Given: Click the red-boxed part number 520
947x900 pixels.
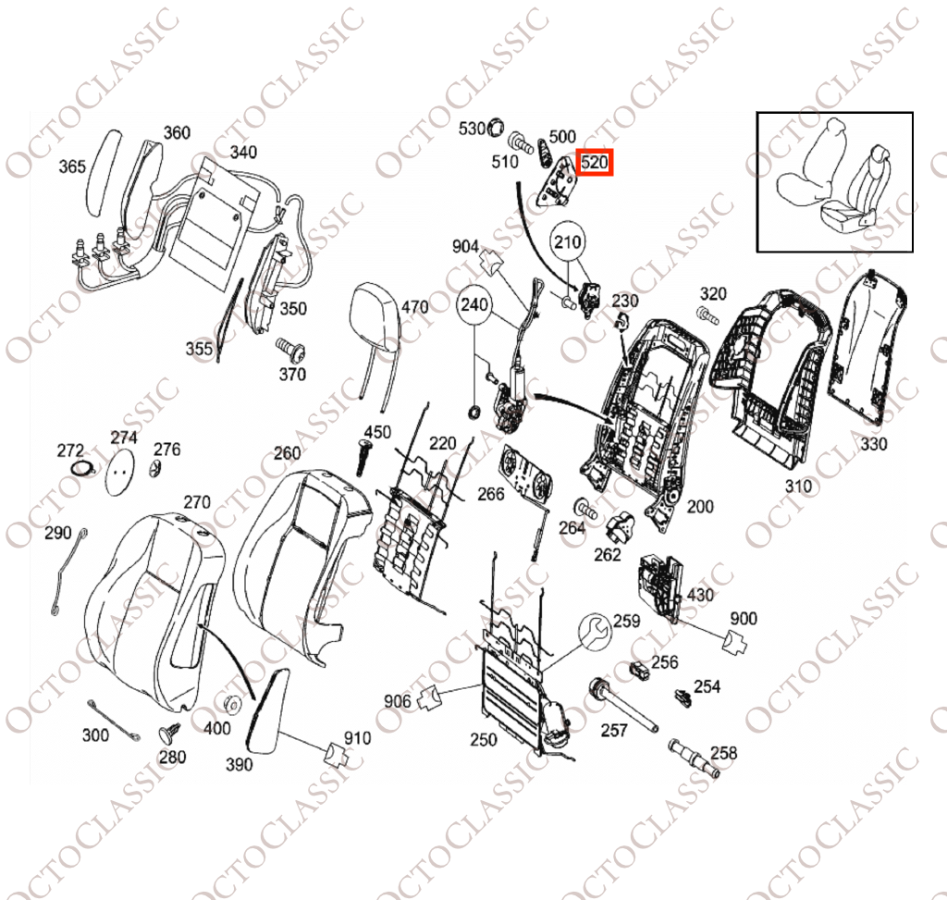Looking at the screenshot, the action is point(595,163).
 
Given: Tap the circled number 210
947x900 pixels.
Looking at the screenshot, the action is point(568,242).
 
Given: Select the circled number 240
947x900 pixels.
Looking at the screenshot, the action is point(474,303).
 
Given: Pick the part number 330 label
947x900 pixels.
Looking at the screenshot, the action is point(873,445).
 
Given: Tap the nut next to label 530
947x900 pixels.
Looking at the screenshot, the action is point(496,128).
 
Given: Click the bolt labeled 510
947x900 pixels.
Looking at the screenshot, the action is point(521,143).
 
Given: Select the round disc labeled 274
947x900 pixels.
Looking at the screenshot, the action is point(119,471).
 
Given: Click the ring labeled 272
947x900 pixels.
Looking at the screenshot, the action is point(82,468).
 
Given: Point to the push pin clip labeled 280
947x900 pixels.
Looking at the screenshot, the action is point(170,734).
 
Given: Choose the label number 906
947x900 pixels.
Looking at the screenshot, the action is point(398,701).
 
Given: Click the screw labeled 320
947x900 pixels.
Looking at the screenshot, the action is point(707,315).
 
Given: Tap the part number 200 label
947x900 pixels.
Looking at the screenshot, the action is point(700,507).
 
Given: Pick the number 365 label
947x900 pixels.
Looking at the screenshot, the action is point(72,166).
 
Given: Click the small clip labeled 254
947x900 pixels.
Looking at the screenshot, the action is point(683,697).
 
